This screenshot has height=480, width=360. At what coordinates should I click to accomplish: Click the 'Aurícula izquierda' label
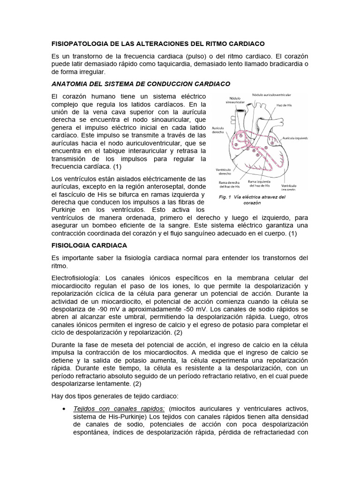click(x=295, y=138)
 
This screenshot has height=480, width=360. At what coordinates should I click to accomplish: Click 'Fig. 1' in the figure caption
click(x=227, y=197)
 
